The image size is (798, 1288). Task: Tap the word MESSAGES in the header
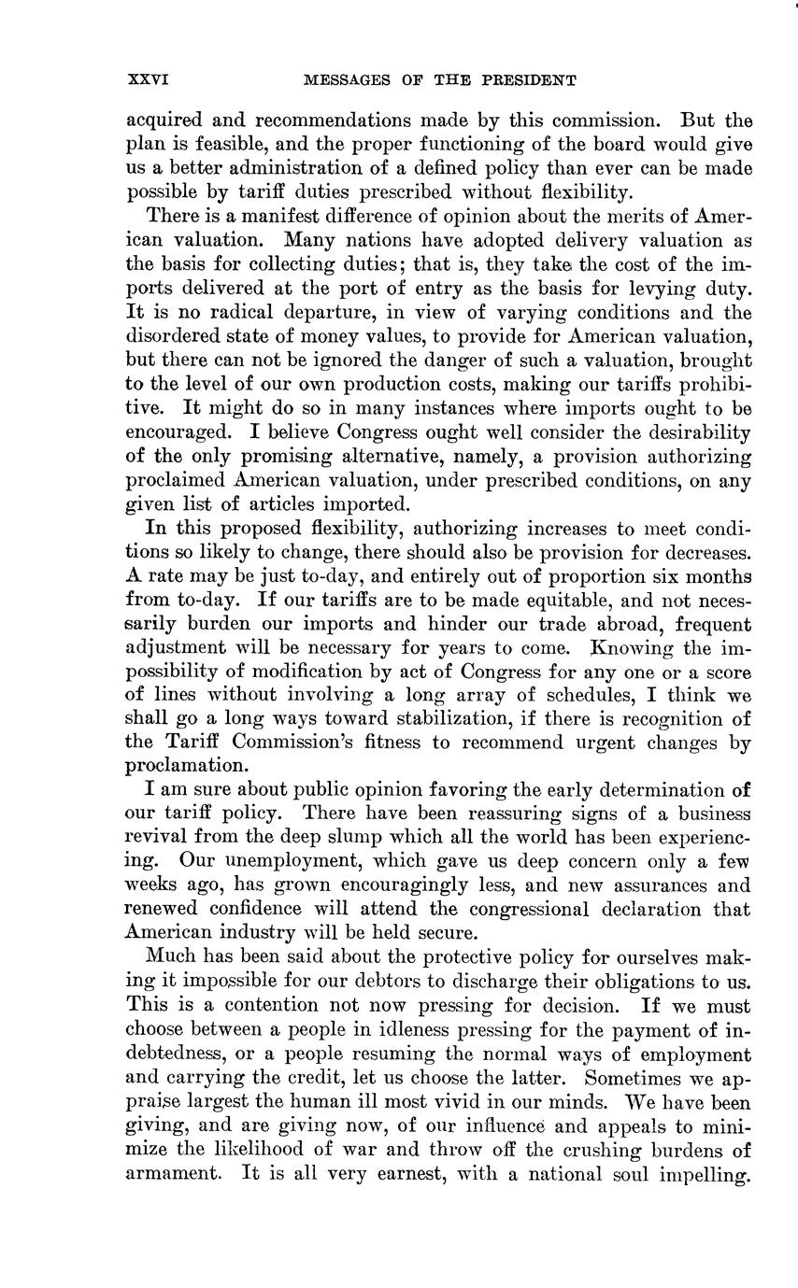(345, 80)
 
